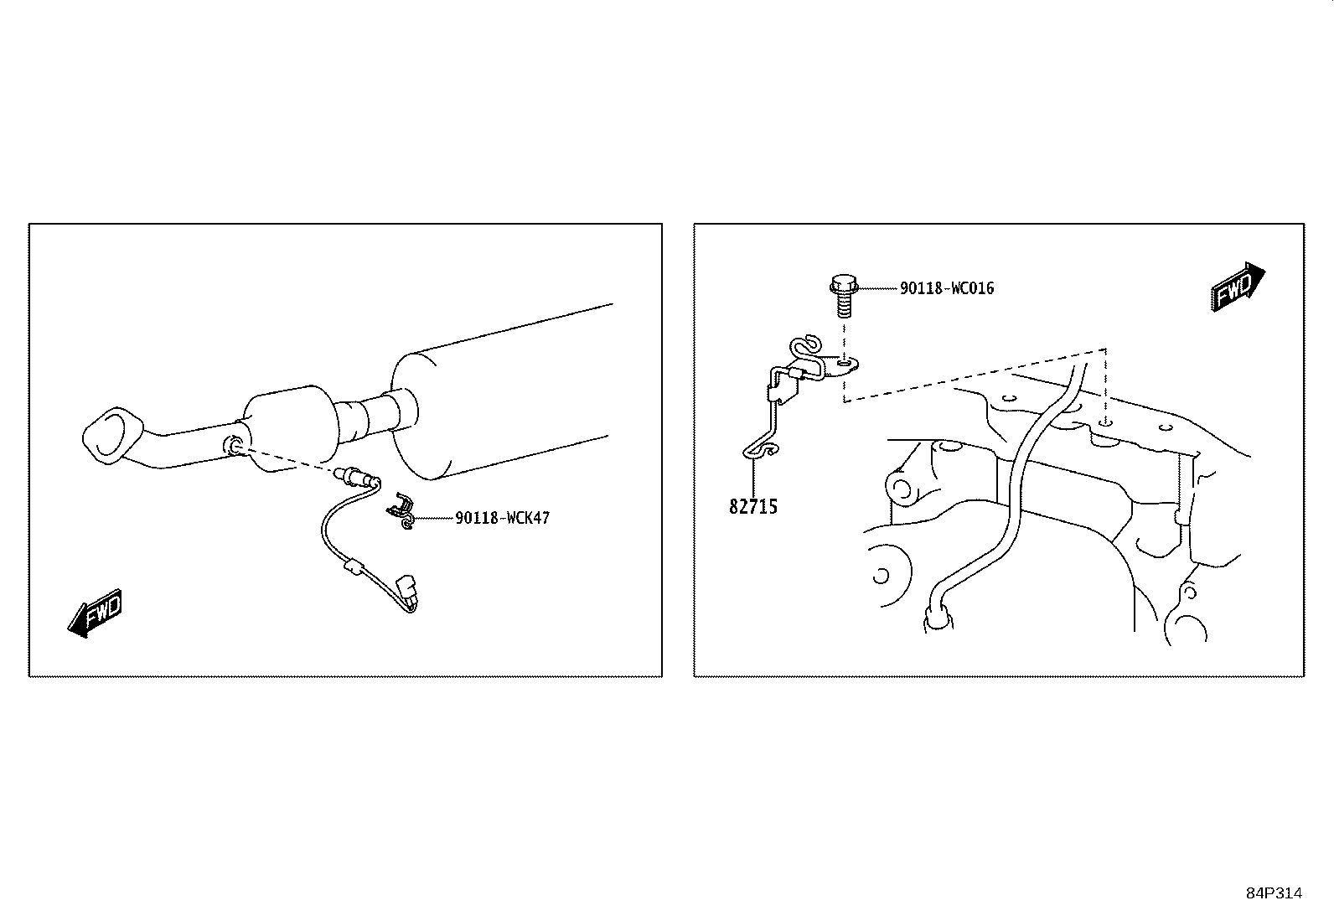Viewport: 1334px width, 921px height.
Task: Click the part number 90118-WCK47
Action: [502, 518]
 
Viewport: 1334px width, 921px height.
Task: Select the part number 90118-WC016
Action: [947, 288]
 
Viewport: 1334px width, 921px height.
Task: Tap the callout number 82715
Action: [753, 507]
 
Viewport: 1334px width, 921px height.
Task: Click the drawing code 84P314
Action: [1275, 893]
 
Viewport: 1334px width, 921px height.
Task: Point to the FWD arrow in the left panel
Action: [96, 613]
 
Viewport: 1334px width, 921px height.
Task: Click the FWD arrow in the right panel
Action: [1238, 287]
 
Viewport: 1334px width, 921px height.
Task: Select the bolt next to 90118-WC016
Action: [844, 296]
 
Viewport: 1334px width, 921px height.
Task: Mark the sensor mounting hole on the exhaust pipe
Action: [231, 444]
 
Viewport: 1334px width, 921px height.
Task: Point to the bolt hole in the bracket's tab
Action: [845, 361]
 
